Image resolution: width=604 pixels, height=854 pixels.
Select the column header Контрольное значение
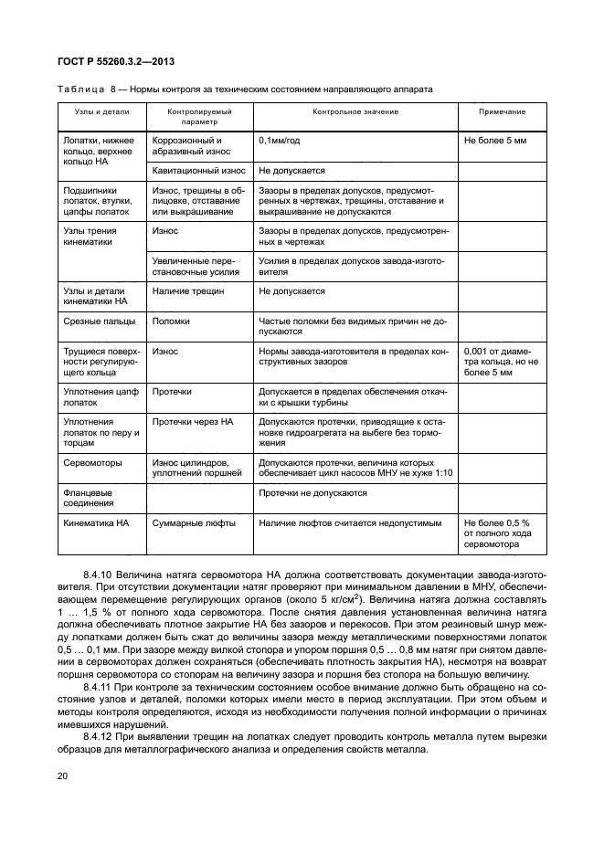pyautogui.click(x=355, y=111)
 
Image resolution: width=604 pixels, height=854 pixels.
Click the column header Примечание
pyautogui.click(x=503, y=111)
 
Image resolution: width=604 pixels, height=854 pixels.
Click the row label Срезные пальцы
pyautogui.click(x=99, y=322)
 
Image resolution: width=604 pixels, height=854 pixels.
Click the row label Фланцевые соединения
pyautogui.click(x=89, y=498)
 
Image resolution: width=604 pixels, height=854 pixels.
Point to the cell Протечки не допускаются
pyautogui.click(x=313, y=493)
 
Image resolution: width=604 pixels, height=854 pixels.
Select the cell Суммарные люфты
pyautogui.click(x=194, y=523)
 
